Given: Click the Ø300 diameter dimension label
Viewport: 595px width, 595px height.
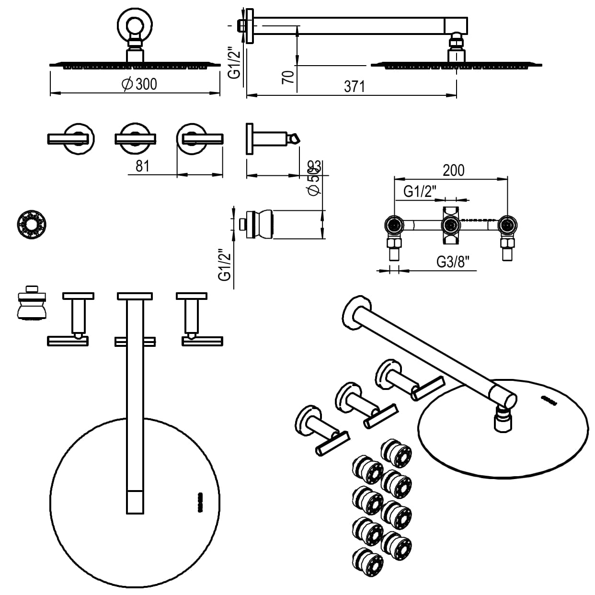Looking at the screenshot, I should coord(140,84).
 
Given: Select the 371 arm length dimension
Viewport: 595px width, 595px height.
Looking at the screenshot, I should coord(354,87).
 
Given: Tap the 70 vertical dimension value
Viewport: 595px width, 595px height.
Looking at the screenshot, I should coord(288,77).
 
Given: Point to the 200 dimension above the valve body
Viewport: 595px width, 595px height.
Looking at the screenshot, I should coord(453,170).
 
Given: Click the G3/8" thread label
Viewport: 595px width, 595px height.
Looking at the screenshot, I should coord(452,262).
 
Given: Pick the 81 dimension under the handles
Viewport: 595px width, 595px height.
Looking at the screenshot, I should coord(143,166).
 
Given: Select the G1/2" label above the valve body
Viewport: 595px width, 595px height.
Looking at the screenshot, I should coord(420,192).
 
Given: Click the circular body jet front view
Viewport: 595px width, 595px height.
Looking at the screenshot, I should coord(32,223).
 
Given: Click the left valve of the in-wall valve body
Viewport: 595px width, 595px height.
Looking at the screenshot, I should coord(394,225).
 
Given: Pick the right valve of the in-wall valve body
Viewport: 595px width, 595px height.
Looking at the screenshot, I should coord(507,225).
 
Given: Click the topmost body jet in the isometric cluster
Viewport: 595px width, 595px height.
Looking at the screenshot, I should coord(396,453).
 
